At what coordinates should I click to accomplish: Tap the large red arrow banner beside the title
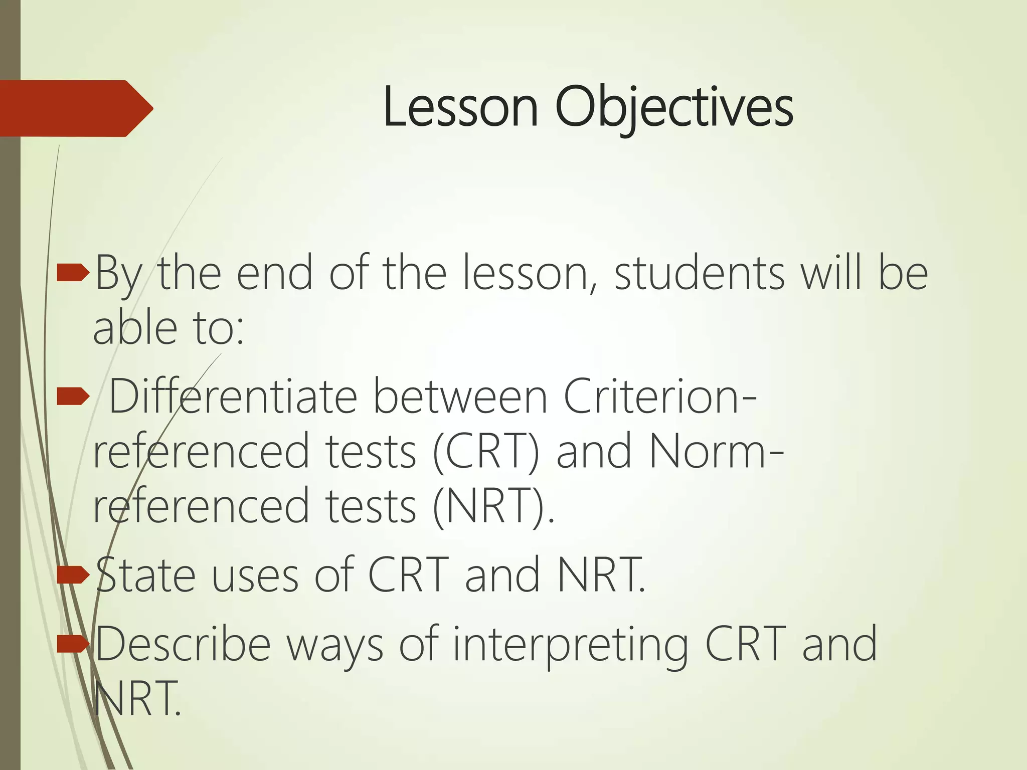point(75,108)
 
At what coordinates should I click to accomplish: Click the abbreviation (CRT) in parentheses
point(485,452)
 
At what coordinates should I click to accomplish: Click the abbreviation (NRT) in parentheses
point(493,506)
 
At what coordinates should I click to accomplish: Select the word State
point(145,575)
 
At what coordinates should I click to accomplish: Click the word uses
point(255,575)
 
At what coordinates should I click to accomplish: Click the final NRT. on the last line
point(137,699)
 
